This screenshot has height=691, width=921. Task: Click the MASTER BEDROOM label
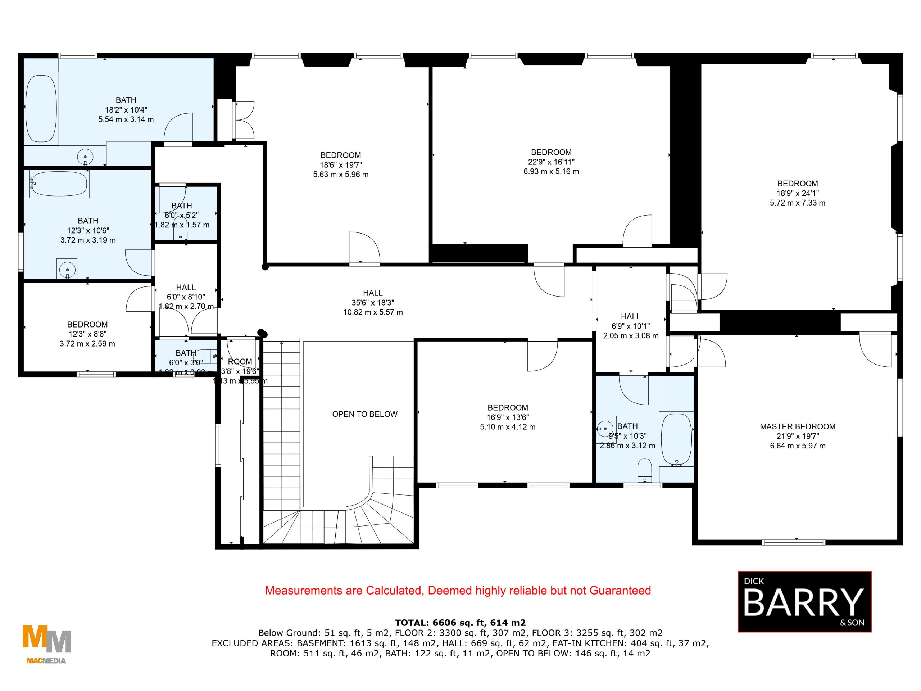pos(797,426)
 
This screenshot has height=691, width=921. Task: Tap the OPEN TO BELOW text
pos(365,414)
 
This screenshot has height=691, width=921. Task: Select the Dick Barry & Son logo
pos(804,601)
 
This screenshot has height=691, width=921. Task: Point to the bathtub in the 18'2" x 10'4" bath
pos(41,108)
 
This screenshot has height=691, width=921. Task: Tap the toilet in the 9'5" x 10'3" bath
pos(645,469)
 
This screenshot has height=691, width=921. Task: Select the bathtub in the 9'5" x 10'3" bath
pos(676,439)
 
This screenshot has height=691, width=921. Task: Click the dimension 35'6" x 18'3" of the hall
pos(373,303)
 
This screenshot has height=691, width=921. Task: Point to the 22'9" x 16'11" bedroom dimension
pos(551,162)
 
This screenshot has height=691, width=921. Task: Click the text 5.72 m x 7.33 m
pos(797,203)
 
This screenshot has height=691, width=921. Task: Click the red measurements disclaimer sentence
pos(458,591)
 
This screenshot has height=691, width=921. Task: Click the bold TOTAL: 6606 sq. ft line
pos(460,623)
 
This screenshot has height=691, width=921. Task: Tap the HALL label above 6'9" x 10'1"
pos(630,317)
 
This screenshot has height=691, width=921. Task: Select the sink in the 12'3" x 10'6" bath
pos(67,269)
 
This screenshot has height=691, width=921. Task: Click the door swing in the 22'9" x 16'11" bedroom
pos(637,230)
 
